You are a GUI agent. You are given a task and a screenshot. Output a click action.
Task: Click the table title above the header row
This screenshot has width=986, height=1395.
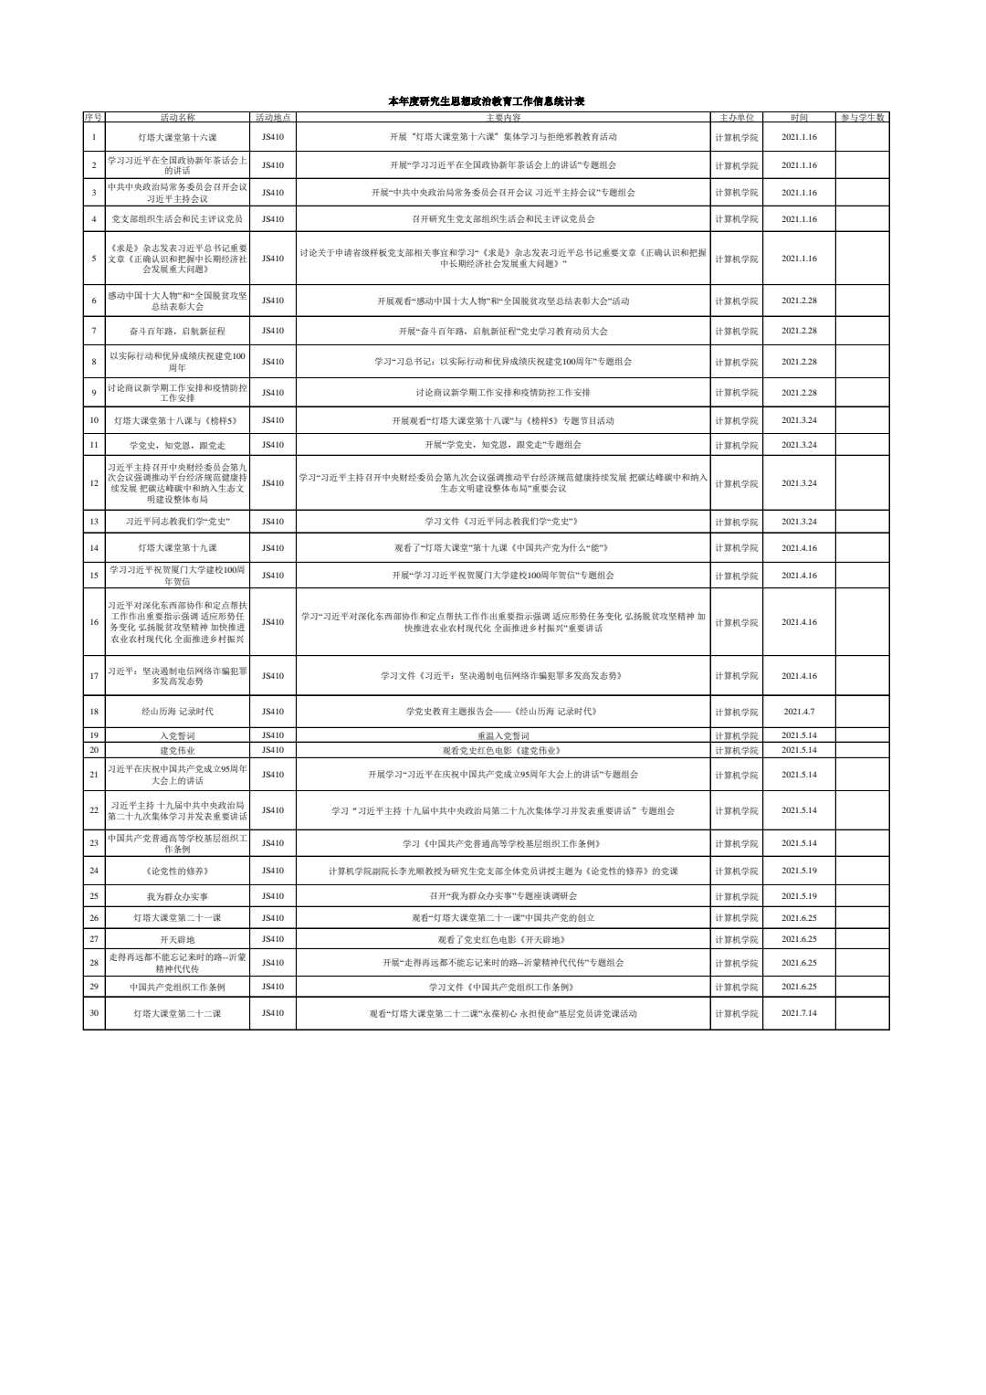(493, 102)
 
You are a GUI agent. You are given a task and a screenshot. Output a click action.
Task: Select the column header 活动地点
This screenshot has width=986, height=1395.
(273, 118)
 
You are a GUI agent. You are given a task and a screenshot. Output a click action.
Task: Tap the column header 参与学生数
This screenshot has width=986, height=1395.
(863, 118)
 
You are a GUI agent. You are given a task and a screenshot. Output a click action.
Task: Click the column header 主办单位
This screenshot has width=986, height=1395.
(736, 118)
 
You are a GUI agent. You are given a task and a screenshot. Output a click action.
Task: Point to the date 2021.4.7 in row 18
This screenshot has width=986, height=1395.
(799, 711)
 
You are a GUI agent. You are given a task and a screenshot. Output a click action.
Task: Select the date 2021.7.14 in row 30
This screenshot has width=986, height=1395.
(799, 1013)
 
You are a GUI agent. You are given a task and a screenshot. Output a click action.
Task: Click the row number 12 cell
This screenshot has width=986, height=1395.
(94, 482)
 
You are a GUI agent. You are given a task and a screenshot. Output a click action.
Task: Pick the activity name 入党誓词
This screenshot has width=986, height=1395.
(177, 735)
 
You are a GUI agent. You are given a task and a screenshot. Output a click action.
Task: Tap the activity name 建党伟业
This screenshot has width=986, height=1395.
(177, 750)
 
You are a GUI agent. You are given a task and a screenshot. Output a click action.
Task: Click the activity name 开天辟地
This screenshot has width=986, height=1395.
(177, 939)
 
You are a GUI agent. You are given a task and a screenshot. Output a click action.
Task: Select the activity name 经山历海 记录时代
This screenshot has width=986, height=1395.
(177, 711)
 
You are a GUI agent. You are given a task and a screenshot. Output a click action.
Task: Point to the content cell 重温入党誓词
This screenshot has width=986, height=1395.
(503, 735)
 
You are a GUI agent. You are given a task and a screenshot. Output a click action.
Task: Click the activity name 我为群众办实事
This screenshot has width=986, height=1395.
(177, 896)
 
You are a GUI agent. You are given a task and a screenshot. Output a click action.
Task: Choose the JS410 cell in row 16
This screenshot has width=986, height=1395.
(273, 622)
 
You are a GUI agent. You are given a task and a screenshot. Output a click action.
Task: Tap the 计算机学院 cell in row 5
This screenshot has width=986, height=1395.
(736, 259)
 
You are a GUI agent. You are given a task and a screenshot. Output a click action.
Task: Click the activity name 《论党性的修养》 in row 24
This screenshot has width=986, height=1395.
(177, 871)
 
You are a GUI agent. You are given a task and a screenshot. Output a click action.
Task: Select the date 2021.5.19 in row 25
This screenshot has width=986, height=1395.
(799, 896)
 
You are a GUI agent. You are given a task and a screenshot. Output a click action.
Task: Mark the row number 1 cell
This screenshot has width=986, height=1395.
(94, 137)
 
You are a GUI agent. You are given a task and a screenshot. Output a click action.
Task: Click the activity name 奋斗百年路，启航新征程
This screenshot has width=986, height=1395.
(177, 331)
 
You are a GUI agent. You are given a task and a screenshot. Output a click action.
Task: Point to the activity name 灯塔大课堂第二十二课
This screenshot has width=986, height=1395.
(177, 1013)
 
